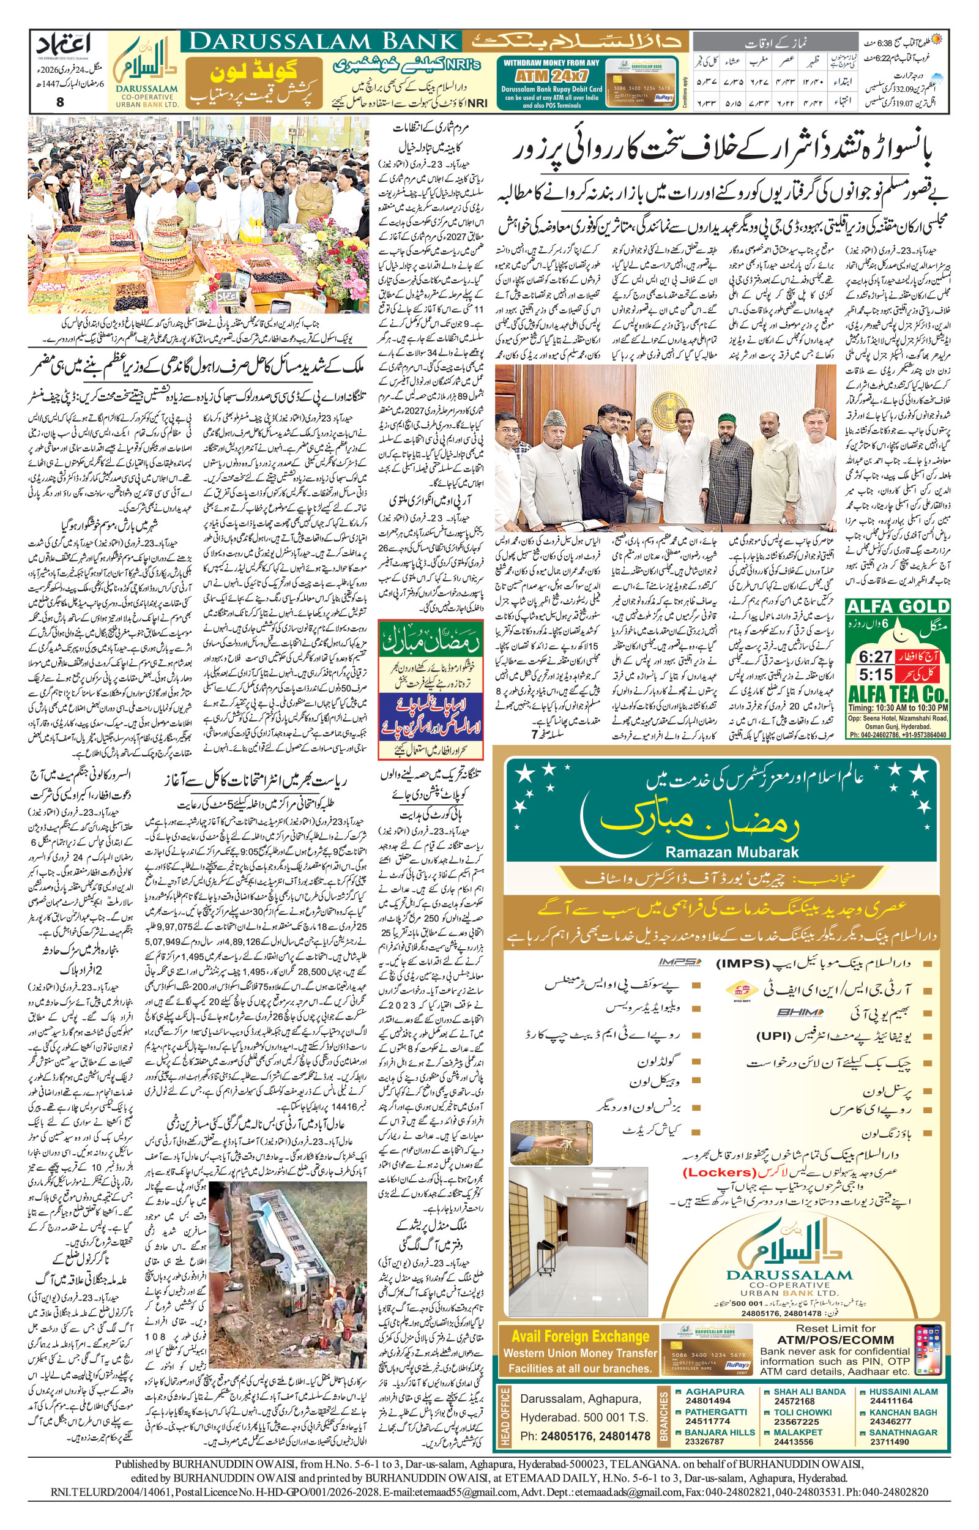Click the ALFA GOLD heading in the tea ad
(x=897, y=606)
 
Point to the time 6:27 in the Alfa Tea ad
(x=876, y=656)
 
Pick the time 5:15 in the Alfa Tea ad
(x=876, y=673)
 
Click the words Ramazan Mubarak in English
(x=731, y=852)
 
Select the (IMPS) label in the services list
(x=744, y=964)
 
